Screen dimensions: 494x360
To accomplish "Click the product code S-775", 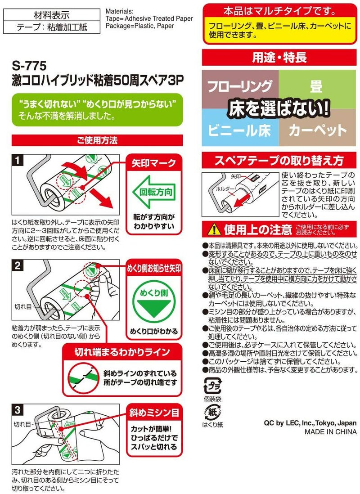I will [x=29, y=66].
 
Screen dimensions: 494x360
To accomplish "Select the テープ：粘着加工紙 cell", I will [x=45, y=27].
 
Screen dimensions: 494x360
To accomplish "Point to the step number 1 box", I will [x=17, y=160].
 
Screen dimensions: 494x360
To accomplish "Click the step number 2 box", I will [x=17, y=265].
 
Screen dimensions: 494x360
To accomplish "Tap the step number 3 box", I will [x=17, y=410].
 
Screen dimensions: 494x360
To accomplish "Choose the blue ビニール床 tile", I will [x=240, y=130].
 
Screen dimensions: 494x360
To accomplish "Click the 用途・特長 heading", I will [x=279, y=58].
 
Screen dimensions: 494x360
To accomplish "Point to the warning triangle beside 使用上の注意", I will [x=211, y=230].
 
